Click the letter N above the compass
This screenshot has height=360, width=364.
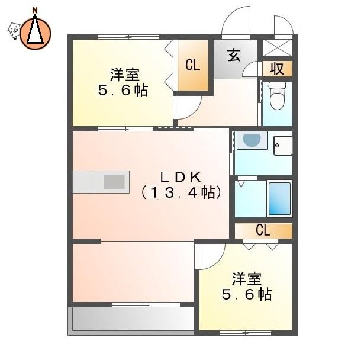coord(35,11)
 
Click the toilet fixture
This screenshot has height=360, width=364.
coord(277,96)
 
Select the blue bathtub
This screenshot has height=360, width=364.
coord(279,198)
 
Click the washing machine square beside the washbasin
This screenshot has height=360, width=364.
coord(283,146)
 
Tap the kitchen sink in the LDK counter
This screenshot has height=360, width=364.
coord(114,182)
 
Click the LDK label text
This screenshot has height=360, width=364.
coord(181,177)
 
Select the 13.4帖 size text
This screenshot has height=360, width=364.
coord(181,192)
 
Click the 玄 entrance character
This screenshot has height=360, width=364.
coord(234,55)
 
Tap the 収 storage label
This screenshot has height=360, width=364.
coord(277,69)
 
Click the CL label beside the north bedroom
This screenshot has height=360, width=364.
coord(193,65)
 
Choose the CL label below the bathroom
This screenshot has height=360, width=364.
coord(263,230)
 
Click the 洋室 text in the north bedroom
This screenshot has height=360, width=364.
coord(125,75)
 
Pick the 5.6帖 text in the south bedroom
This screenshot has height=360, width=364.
coord(247,294)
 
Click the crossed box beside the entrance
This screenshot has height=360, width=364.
coord(278,47)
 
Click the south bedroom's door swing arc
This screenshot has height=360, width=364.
coord(218,262)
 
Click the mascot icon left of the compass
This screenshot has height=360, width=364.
coord(14,31)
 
